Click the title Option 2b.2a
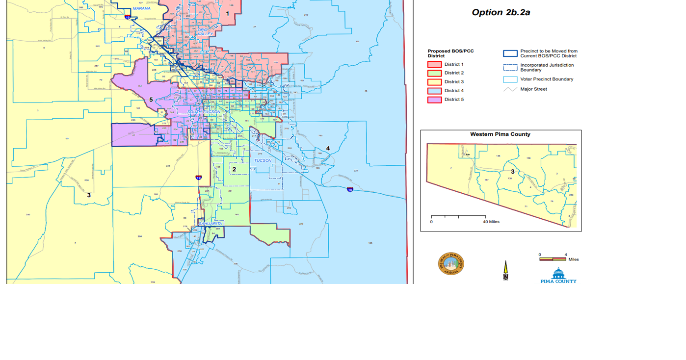(501, 13)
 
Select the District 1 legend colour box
(435, 64)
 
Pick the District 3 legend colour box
(435, 82)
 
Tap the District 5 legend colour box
(435, 100)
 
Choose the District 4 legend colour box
(435, 91)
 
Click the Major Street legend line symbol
(510, 89)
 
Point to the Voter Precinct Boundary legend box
(510, 79)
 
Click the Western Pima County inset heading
(500, 134)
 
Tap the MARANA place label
(142, 8)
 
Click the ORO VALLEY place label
(203, 31)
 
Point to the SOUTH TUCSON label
(204, 112)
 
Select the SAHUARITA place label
(211, 224)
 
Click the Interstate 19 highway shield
(198, 178)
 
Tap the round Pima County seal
(451, 264)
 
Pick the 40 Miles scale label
(491, 222)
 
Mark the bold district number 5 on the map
(151, 100)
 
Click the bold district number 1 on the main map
(227, 14)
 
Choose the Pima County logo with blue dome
(558, 275)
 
